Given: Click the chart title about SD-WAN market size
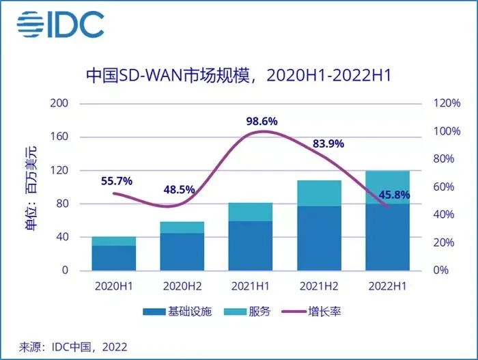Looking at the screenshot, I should [238, 74].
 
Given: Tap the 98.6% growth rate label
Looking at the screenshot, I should [262, 121].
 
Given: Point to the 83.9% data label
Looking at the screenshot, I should [328, 143].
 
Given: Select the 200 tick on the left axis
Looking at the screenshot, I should [61, 103].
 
